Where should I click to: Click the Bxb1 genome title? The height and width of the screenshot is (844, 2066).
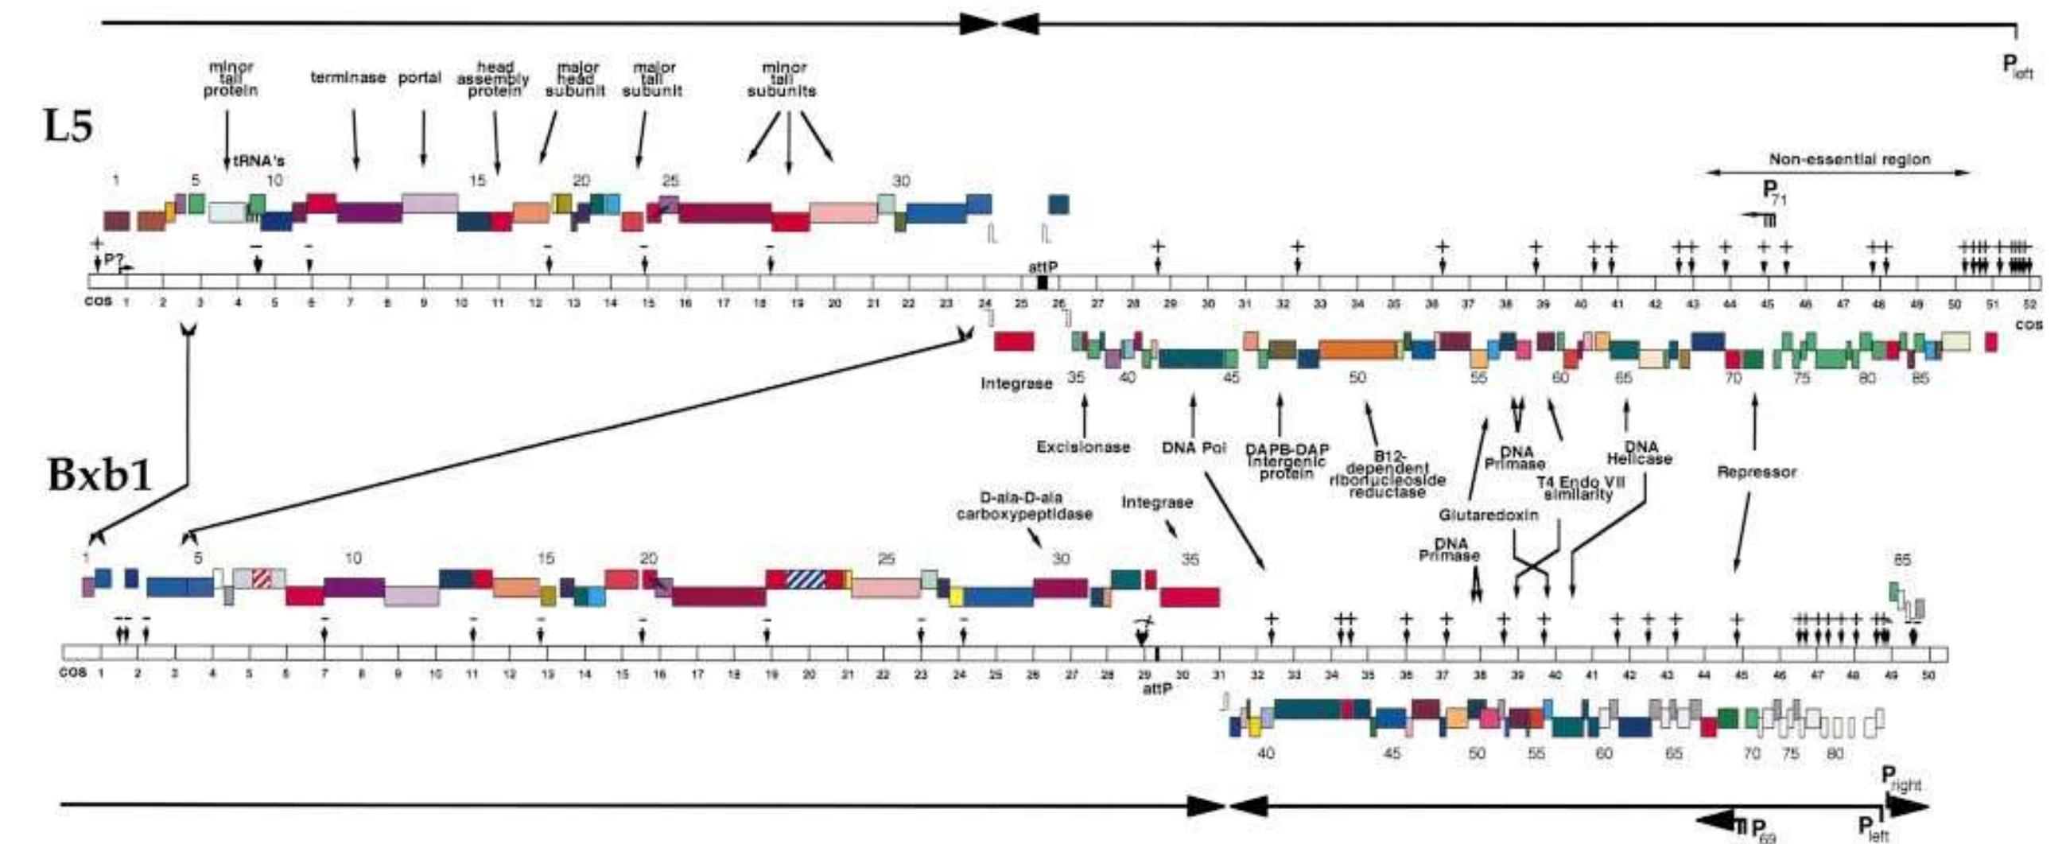(x=99, y=475)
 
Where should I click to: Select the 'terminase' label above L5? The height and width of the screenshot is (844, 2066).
(x=348, y=78)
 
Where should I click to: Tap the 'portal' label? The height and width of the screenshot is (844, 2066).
(x=419, y=78)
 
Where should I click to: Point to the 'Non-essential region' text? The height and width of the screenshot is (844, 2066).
(x=1850, y=160)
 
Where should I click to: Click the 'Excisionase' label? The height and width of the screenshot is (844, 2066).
(x=1083, y=447)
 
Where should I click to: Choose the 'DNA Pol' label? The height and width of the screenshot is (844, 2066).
(x=1194, y=447)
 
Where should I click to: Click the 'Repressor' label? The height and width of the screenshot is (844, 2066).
(x=1756, y=472)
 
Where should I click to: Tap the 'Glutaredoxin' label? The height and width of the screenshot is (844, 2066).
(x=1488, y=515)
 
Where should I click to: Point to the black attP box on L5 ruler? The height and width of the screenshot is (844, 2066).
(x=1042, y=282)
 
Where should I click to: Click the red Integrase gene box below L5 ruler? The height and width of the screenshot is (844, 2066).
(x=1014, y=342)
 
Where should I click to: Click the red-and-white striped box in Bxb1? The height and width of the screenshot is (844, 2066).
(x=262, y=578)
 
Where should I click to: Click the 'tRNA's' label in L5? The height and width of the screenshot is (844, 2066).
(x=258, y=161)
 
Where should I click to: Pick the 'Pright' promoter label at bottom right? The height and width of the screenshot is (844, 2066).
(x=1901, y=777)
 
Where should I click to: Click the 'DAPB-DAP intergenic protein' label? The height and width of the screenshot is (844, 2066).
(x=1286, y=461)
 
